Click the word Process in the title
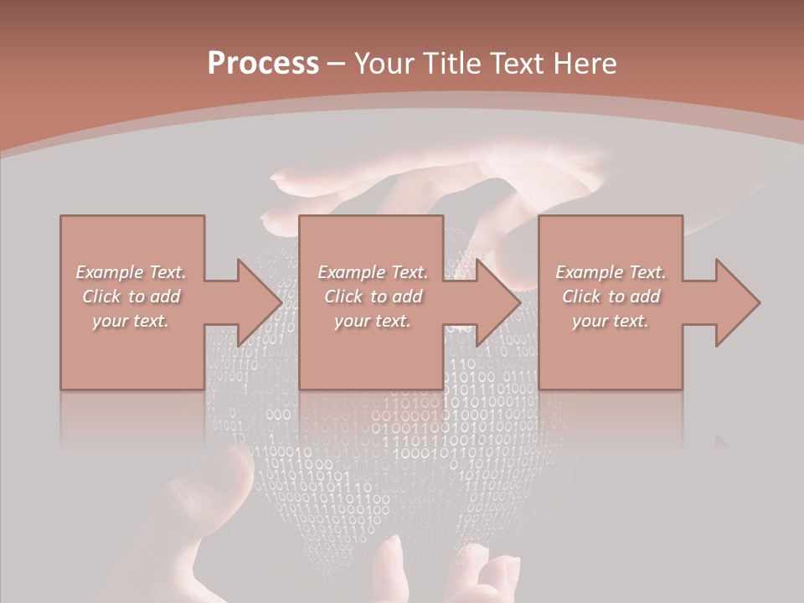[x=263, y=64]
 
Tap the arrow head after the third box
[x=736, y=302]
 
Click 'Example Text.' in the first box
[x=131, y=272]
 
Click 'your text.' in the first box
[x=131, y=321]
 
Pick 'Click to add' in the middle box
[x=373, y=296]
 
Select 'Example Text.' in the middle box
[x=373, y=272]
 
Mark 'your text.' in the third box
[x=611, y=321]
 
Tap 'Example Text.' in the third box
[x=611, y=272]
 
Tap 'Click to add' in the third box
[x=611, y=296]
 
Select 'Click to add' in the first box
[x=131, y=296]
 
